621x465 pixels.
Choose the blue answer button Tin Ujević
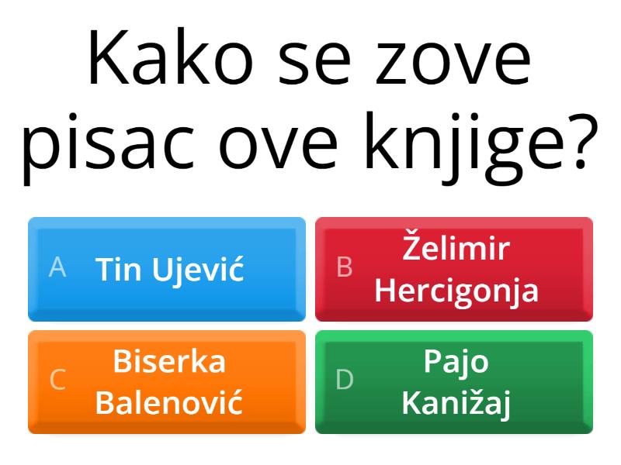(167, 268)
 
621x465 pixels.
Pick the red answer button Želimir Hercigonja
(454, 268)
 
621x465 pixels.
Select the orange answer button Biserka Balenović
(167, 381)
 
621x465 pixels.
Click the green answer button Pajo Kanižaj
(454, 381)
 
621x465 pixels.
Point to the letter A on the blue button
(57, 268)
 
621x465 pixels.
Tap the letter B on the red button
(345, 268)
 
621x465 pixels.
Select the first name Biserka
(169, 361)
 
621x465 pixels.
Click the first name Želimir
(456, 248)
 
